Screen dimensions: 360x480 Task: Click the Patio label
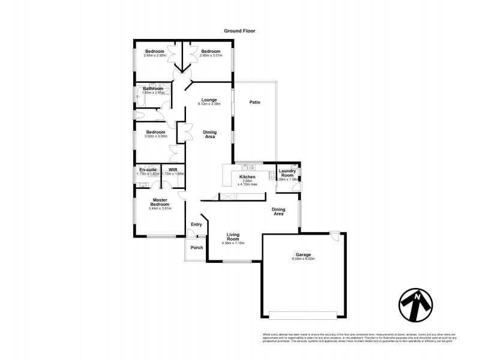click(x=255, y=103)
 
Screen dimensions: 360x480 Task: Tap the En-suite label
click(x=148, y=170)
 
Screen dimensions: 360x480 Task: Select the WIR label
click(x=173, y=170)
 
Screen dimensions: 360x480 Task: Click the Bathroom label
click(x=153, y=89)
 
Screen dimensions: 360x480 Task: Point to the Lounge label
click(x=209, y=99)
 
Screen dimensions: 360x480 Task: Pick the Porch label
click(x=197, y=247)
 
